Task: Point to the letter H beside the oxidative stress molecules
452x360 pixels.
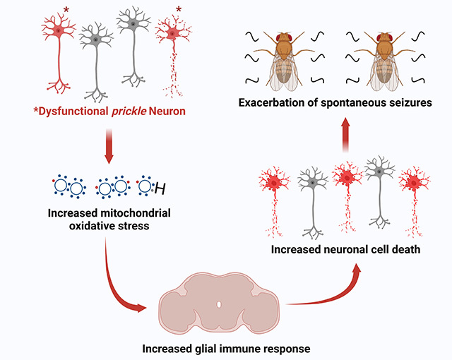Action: [x=160, y=188]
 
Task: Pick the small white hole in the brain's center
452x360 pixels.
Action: [x=219, y=304]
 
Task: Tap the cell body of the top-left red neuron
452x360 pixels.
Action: [x=56, y=29]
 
